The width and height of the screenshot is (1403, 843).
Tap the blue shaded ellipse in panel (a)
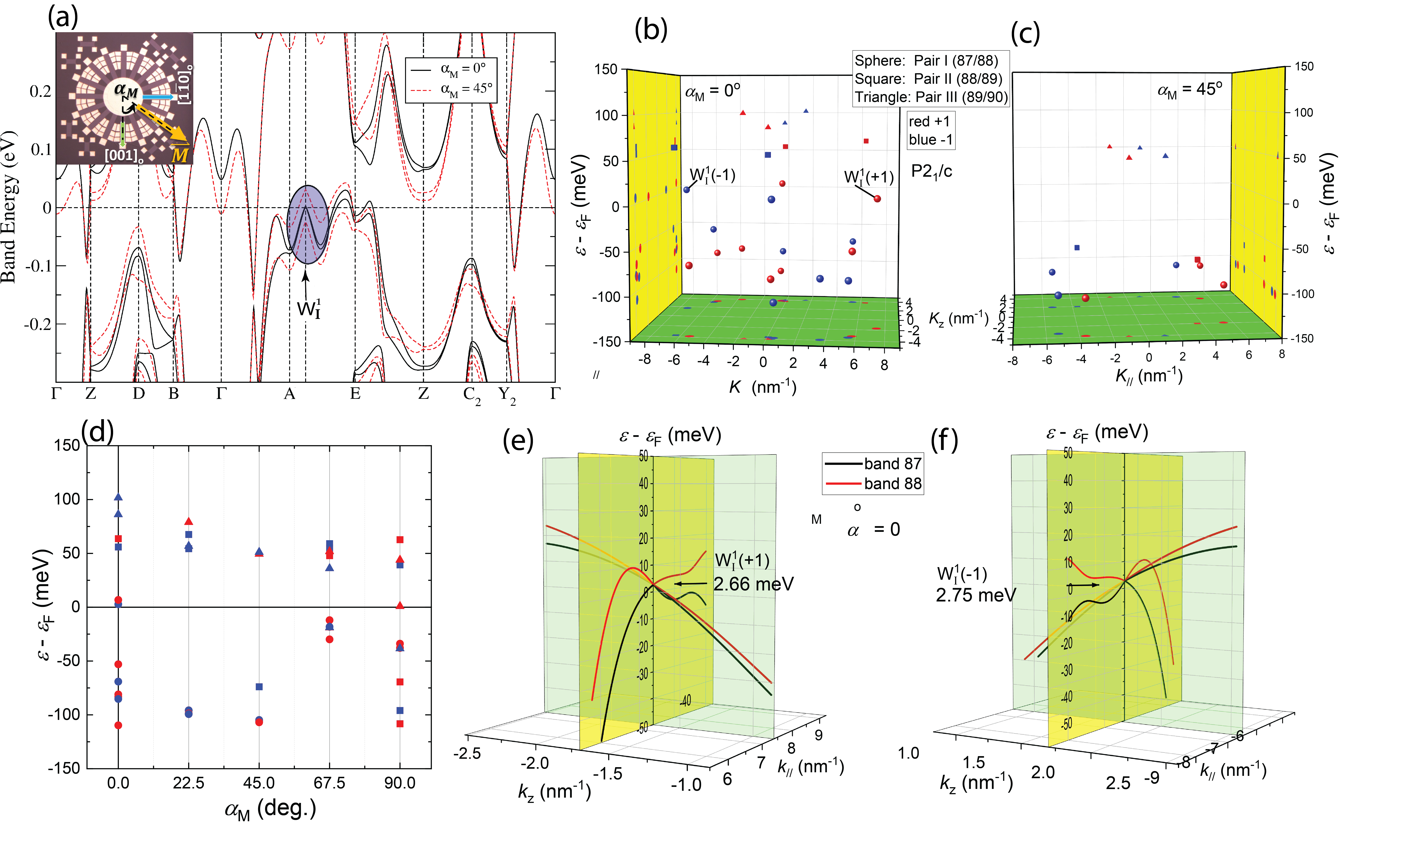(x=307, y=224)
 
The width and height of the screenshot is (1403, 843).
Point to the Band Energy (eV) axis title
(x=9, y=207)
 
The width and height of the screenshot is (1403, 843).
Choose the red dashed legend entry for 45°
(x=451, y=89)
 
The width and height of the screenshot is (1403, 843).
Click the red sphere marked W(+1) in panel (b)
(x=877, y=199)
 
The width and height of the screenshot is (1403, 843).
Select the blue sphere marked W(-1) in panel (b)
(x=686, y=190)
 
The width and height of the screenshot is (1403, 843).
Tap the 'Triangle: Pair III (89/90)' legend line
(x=931, y=97)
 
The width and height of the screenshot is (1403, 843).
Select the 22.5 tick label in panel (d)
(x=188, y=783)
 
